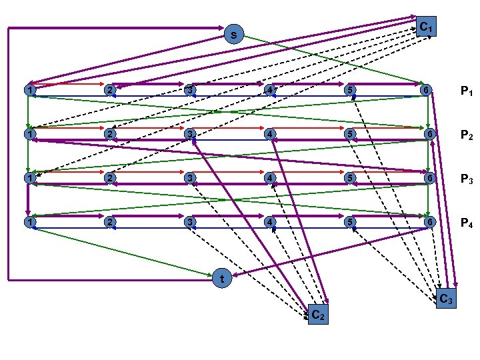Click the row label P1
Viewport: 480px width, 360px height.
[x=466, y=91]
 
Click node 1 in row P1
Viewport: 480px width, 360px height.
[x=28, y=90]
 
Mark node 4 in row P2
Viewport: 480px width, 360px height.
[x=269, y=133]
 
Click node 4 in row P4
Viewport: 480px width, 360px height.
[x=269, y=221]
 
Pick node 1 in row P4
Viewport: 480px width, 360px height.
[x=28, y=221]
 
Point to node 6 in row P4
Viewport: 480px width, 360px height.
[x=430, y=221]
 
